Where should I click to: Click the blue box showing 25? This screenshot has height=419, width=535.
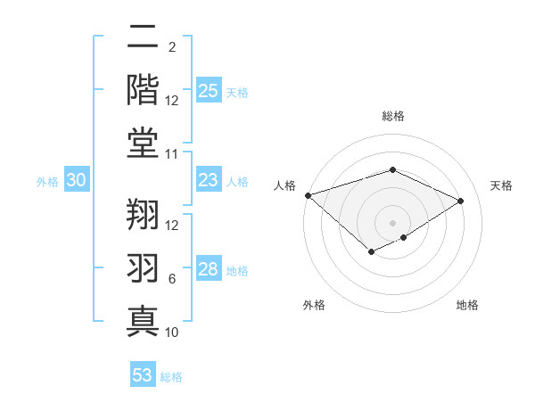(x=208, y=91)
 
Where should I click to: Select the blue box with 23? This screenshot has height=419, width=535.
(x=208, y=181)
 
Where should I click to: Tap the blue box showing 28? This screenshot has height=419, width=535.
(x=208, y=270)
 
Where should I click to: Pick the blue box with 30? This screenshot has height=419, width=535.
(x=76, y=181)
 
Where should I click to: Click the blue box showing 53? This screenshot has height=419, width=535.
(x=143, y=375)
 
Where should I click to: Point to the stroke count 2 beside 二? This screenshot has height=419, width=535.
(x=171, y=47)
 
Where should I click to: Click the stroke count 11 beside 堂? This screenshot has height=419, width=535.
(x=173, y=154)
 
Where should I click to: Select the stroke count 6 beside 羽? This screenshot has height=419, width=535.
(x=172, y=279)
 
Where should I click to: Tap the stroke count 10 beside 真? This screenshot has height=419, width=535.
(x=173, y=333)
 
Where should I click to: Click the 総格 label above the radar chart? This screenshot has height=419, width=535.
(x=392, y=116)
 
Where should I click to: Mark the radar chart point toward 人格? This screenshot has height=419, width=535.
(x=308, y=195)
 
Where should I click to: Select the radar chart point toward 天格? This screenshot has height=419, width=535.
(x=460, y=201)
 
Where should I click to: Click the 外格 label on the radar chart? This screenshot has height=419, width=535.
(x=314, y=306)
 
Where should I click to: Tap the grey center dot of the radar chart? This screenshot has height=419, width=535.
(x=392, y=222)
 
